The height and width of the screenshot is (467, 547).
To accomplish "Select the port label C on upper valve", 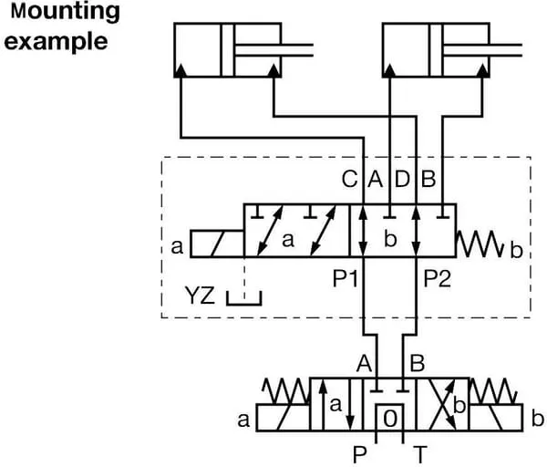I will coord(348,180).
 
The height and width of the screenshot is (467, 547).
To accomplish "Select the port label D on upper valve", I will coord(402,180).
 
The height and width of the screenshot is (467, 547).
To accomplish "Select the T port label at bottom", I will coord(419,453).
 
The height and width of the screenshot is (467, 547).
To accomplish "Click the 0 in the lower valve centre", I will coord(390,420).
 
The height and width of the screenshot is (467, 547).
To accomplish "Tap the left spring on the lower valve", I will coord(284,392).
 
